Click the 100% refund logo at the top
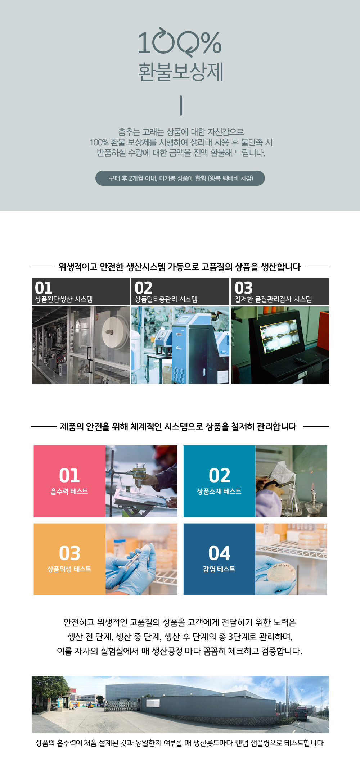point(180,42)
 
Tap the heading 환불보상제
point(181,71)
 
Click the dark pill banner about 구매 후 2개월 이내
point(180,178)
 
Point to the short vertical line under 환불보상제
point(181,105)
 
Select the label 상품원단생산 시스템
point(64,299)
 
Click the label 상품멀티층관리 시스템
point(166,299)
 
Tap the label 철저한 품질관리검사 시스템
point(273,299)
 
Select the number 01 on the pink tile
point(69,475)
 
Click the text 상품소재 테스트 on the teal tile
point(219,491)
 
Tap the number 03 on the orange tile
point(69,553)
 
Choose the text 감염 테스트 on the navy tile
point(219,569)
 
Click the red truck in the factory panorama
point(302,713)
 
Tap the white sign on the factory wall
point(153,703)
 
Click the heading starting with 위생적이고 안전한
point(180,267)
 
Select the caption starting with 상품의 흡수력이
point(180,743)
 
